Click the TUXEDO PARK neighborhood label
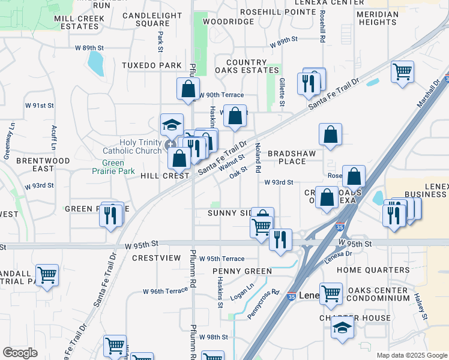(143, 65)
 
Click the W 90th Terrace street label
(221, 95)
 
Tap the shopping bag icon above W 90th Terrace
(188, 88)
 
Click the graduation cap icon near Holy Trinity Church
(172, 124)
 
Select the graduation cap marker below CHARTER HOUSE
(342, 327)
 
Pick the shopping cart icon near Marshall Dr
(402, 71)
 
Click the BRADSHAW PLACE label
(291, 158)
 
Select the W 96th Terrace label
(166, 291)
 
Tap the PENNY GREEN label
(242, 271)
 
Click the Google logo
(20, 353)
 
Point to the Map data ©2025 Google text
(412, 355)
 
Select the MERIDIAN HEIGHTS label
(377, 18)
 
